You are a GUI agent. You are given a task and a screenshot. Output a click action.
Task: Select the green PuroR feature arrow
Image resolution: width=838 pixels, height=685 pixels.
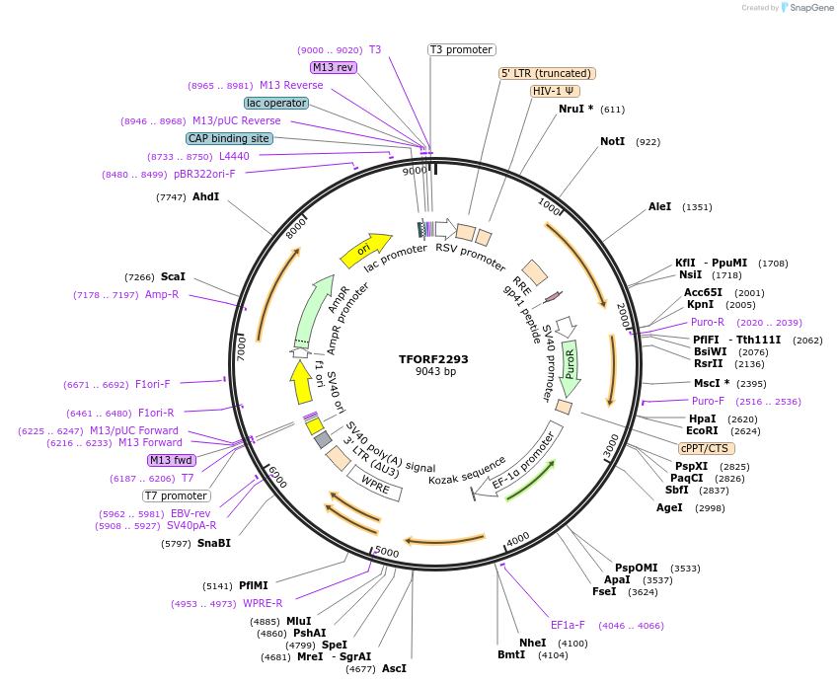pos(571,369)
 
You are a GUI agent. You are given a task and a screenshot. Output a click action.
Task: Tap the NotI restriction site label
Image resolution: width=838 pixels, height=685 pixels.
pos(612,142)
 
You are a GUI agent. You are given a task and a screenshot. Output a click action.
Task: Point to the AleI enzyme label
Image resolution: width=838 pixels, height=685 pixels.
pos(659,207)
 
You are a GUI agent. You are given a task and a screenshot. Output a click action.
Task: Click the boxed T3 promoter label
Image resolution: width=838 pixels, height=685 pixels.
pos(461,49)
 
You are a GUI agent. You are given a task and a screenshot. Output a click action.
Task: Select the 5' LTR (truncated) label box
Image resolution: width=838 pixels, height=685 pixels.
pos(547,73)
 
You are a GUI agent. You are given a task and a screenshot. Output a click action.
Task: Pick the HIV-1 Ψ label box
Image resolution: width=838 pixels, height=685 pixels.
pos(554,91)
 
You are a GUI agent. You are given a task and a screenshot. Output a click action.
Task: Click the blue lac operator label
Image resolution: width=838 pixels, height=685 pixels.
pos(275,103)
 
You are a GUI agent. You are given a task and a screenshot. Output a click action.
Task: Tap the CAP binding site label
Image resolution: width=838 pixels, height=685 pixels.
pos(229,138)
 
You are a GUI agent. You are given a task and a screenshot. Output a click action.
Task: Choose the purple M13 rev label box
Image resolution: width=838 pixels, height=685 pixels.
pos(333,67)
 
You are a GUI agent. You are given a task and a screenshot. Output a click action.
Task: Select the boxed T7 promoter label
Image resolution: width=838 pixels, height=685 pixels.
pos(177,495)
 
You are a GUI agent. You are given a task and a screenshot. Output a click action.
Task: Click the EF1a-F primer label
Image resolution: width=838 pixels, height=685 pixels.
pos(568,625)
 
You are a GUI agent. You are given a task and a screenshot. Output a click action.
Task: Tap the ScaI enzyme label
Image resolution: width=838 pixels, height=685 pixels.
pos(173,277)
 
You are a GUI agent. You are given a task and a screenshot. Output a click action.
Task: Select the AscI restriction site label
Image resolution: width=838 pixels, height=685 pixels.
pos(394,668)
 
